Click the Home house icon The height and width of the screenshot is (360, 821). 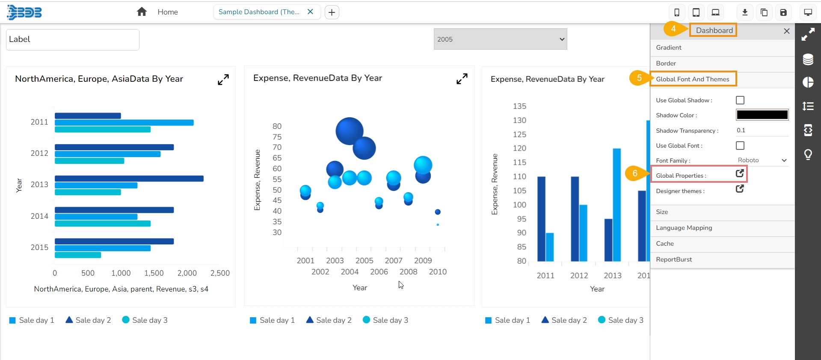pos(142,12)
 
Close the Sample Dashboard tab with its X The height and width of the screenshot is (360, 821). pos(311,12)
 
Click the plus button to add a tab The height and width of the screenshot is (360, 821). pos(332,12)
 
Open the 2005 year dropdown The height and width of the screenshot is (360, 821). pos(500,39)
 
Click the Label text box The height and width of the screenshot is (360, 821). pos(73,40)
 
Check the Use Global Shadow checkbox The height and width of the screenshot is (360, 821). pos(740,100)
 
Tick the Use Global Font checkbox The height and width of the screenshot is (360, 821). pos(740,146)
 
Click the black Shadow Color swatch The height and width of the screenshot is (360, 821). pos(762,115)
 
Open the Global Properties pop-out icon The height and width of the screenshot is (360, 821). pos(740,173)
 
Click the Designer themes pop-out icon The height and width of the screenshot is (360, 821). pos(740,189)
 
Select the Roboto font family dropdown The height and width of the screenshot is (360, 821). pos(762,161)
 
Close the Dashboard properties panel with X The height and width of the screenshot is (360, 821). pos(786,31)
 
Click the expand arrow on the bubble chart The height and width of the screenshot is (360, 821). pos(462,79)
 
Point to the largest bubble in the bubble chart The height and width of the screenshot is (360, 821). pos(350,131)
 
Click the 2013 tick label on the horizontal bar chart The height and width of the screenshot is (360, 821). pos(39,184)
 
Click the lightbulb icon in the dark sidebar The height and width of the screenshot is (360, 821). pos(808,154)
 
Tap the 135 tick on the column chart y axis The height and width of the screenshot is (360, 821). pos(519,106)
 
